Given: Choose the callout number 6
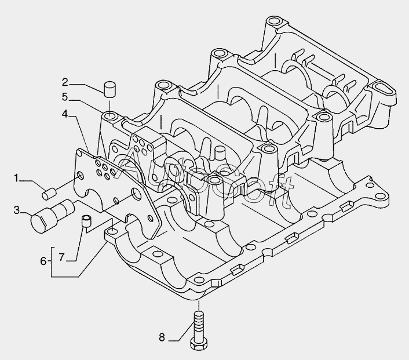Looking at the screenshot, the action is coord(43,261).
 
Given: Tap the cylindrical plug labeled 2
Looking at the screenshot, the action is coord(108,90).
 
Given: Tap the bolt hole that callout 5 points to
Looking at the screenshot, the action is coord(109,114).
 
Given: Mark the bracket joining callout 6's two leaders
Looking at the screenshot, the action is coord(52,261).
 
